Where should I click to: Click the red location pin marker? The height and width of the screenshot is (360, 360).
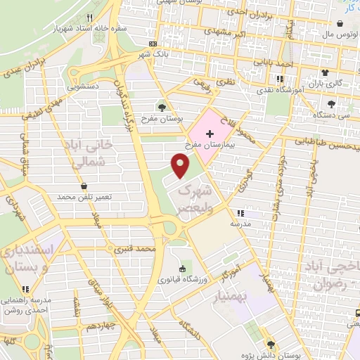coord(181,165)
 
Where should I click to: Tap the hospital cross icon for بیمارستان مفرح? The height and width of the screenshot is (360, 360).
coord(209,133)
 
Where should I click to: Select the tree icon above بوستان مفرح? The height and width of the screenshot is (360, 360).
coord(162,107)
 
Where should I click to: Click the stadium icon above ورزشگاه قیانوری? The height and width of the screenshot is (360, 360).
coord(183,269)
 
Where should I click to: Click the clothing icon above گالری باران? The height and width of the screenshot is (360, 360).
coord(324,72)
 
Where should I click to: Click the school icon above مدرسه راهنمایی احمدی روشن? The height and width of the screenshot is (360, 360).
coord(25,288)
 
